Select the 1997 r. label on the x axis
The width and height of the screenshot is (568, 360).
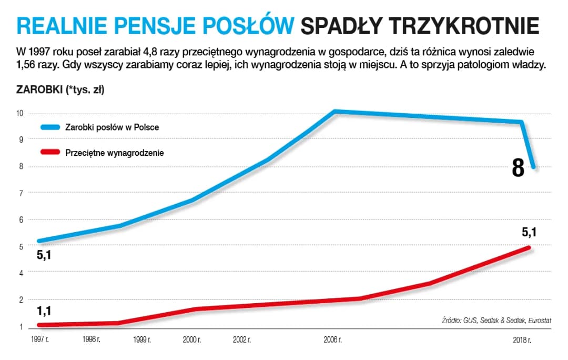(40, 339)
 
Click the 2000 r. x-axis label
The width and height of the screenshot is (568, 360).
(191, 339)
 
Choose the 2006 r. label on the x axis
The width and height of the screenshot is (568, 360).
(333, 339)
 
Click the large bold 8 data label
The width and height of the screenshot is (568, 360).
(518, 168)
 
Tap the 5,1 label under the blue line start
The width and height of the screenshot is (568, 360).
(44, 256)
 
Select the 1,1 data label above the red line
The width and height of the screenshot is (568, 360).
(44, 311)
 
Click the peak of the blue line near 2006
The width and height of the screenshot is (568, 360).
(335, 111)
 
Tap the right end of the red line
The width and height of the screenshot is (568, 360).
(529, 247)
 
